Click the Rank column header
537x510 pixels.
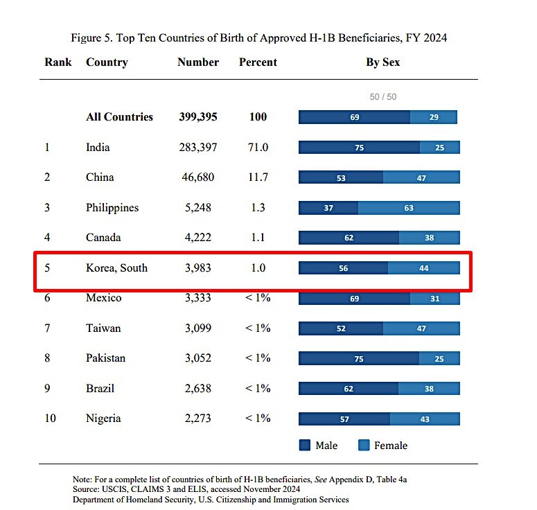pyautogui.click(x=58, y=62)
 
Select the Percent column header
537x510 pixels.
pyautogui.click(x=258, y=62)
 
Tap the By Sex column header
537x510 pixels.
pyautogui.click(x=382, y=62)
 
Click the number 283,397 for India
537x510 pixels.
pyautogui.click(x=197, y=148)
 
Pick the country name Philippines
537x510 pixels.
pyautogui.click(x=112, y=208)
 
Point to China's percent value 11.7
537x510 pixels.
pyautogui.click(x=258, y=177)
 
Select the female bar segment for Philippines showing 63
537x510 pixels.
pyautogui.click(x=409, y=208)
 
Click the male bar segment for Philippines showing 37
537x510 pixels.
pyautogui.click(x=328, y=208)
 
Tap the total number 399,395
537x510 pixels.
pyautogui.click(x=197, y=117)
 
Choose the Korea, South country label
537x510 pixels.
pyautogui.click(x=116, y=267)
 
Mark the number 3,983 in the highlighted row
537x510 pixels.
pyautogui.click(x=197, y=267)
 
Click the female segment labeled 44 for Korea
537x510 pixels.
pyautogui.click(x=423, y=268)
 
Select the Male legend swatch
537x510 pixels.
pyautogui.click(x=305, y=446)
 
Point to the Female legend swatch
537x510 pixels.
pyautogui.click(x=364, y=446)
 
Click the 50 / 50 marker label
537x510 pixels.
pyautogui.click(x=383, y=97)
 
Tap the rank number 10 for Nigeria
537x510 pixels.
pyautogui.click(x=50, y=419)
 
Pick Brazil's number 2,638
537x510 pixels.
pyautogui.click(x=197, y=388)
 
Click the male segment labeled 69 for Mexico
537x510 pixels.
pyautogui.click(x=354, y=299)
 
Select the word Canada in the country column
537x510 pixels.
pyautogui.click(x=103, y=238)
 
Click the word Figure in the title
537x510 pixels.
pyautogui.click(x=87, y=37)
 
